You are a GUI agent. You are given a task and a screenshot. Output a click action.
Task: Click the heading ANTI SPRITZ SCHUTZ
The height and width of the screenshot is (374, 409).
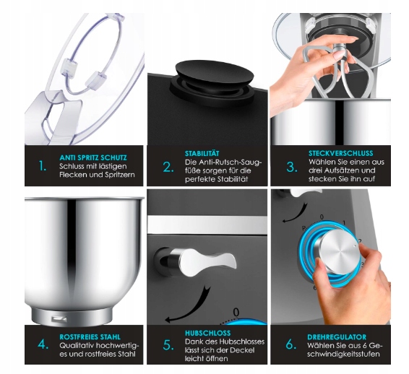93,157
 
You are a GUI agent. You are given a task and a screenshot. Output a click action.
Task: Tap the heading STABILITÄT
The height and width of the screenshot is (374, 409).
202,153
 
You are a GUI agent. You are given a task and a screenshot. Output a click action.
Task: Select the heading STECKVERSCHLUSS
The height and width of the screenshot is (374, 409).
341,153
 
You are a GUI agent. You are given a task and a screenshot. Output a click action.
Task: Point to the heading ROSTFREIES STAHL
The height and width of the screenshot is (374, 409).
90,337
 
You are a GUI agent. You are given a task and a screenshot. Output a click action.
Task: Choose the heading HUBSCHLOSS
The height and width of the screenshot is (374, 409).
208,333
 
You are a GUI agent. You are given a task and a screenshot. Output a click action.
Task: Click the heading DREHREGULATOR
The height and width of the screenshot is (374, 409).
337,337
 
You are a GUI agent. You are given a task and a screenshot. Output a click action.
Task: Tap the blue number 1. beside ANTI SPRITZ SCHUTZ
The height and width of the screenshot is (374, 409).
42,166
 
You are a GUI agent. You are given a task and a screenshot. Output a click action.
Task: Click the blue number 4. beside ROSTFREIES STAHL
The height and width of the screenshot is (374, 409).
43,344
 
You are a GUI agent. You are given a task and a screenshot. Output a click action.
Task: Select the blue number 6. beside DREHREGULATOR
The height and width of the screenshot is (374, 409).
291,344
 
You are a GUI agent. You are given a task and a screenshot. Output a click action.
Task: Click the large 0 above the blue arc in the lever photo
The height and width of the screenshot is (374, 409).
236,312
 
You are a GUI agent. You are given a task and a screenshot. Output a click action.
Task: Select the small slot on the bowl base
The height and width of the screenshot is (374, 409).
60,318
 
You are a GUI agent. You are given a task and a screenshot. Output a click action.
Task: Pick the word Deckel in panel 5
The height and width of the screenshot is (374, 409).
243,350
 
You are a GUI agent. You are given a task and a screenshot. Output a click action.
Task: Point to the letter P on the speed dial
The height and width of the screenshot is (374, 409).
303,229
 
